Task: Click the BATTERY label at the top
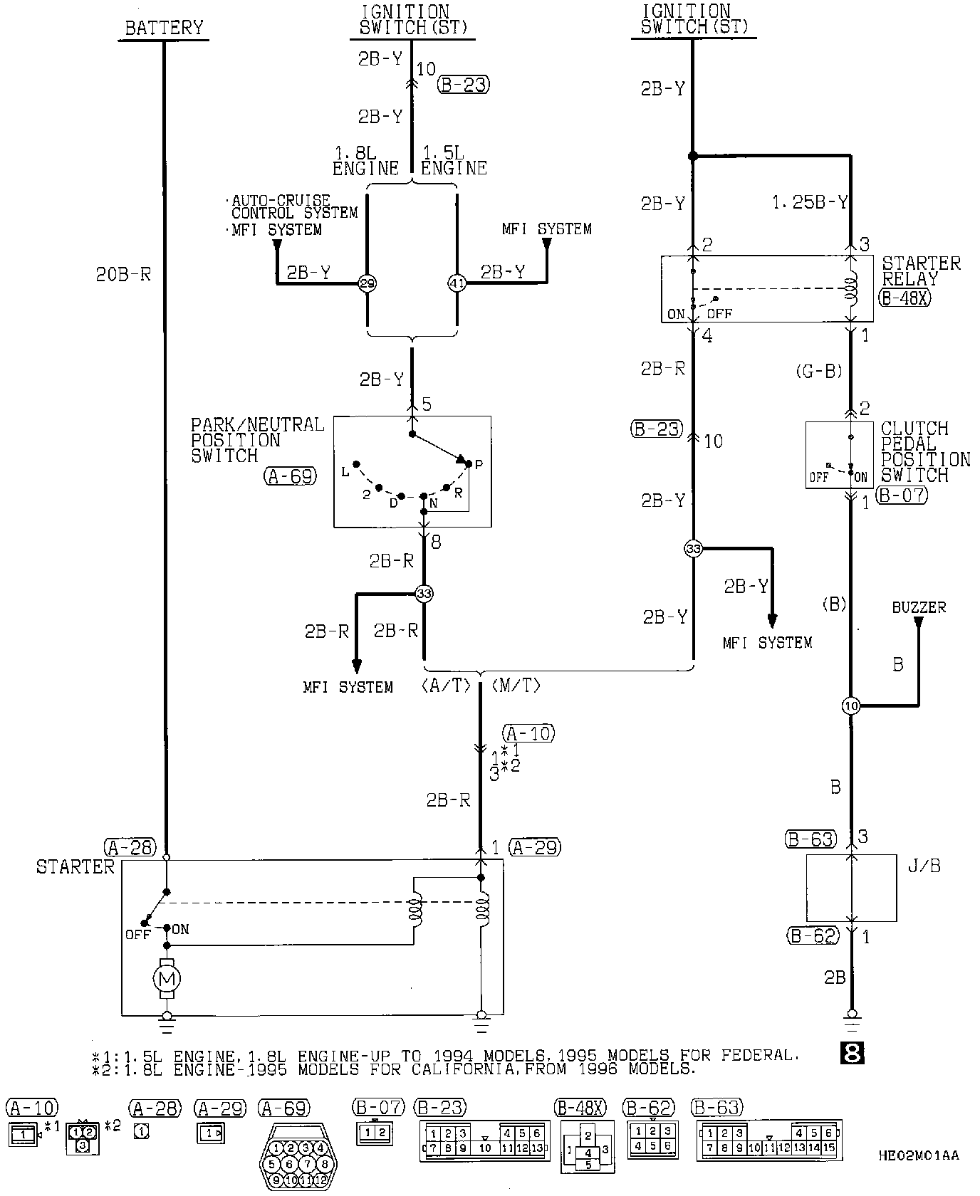164,28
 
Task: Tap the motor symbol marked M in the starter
167,979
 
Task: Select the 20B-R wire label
124,274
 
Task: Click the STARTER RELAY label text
921,271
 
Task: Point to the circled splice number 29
367,283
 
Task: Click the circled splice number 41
457,283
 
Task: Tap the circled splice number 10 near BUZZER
851,706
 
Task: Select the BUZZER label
919,608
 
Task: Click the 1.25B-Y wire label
810,203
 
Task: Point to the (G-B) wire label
820,371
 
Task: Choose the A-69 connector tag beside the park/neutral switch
290,476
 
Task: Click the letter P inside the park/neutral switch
479,464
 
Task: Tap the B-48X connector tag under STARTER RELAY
905,298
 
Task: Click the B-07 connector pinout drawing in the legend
373,1133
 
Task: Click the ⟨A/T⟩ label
446,686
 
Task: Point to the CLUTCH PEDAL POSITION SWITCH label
924,451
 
